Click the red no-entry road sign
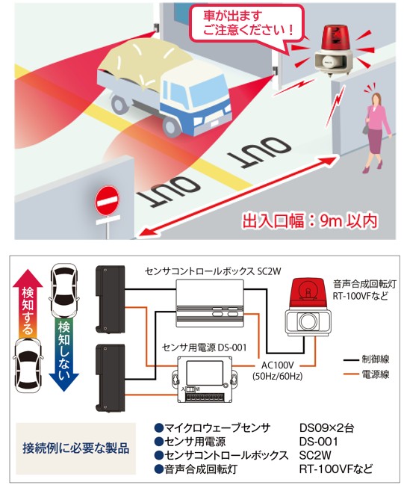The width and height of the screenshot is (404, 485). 107,201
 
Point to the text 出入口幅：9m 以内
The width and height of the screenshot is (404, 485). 310,221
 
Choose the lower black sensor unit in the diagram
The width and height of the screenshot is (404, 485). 111,378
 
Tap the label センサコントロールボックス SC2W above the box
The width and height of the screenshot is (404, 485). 213,271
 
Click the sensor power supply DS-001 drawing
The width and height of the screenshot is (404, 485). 205,379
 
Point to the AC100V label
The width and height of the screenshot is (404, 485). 277,365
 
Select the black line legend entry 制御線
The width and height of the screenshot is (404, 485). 367,359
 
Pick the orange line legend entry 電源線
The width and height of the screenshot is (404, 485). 367,374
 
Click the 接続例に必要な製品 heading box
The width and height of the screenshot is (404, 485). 75,448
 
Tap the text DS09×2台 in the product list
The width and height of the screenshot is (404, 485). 326,427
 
